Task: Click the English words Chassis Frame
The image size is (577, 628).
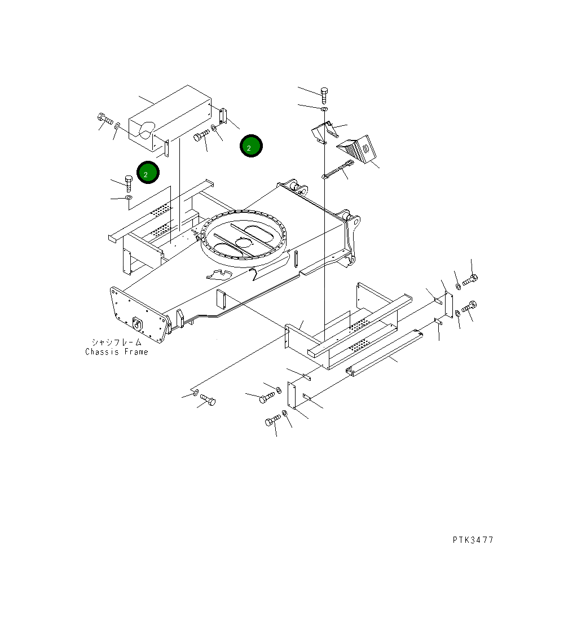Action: click(x=117, y=352)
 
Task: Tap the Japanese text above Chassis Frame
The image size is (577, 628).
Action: click(x=117, y=342)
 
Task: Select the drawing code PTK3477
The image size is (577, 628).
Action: click(x=473, y=540)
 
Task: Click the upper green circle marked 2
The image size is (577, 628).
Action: click(x=251, y=146)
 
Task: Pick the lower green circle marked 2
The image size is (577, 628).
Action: click(x=148, y=173)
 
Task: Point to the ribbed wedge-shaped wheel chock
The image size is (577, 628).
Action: click(x=357, y=149)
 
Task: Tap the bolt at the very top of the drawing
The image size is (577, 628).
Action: click(x=324, y=95)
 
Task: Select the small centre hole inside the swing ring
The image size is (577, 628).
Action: click(x=243, y=242)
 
